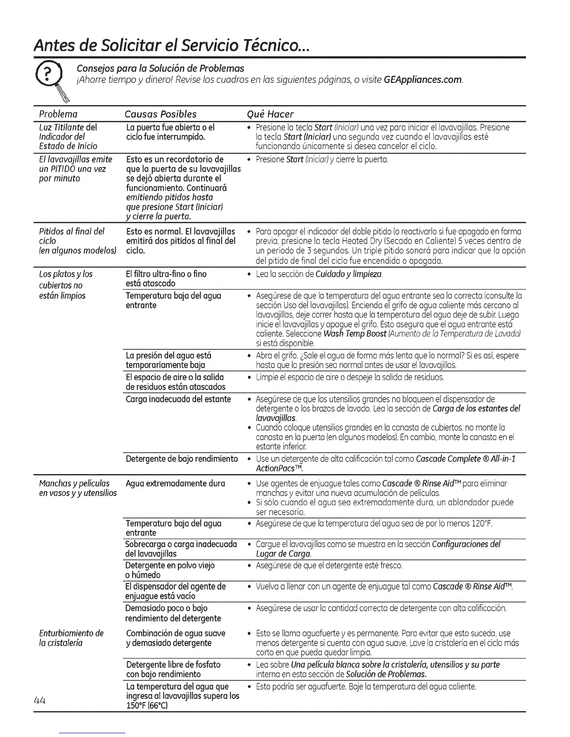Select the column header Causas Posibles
[161, 114]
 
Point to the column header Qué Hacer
[271, 114]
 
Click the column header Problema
[58, 114]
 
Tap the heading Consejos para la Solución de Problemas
[160, 68]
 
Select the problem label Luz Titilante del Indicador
[68, 132]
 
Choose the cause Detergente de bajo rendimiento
[182, 459]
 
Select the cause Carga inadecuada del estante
[178, 399]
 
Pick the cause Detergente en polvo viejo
[170, 565]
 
